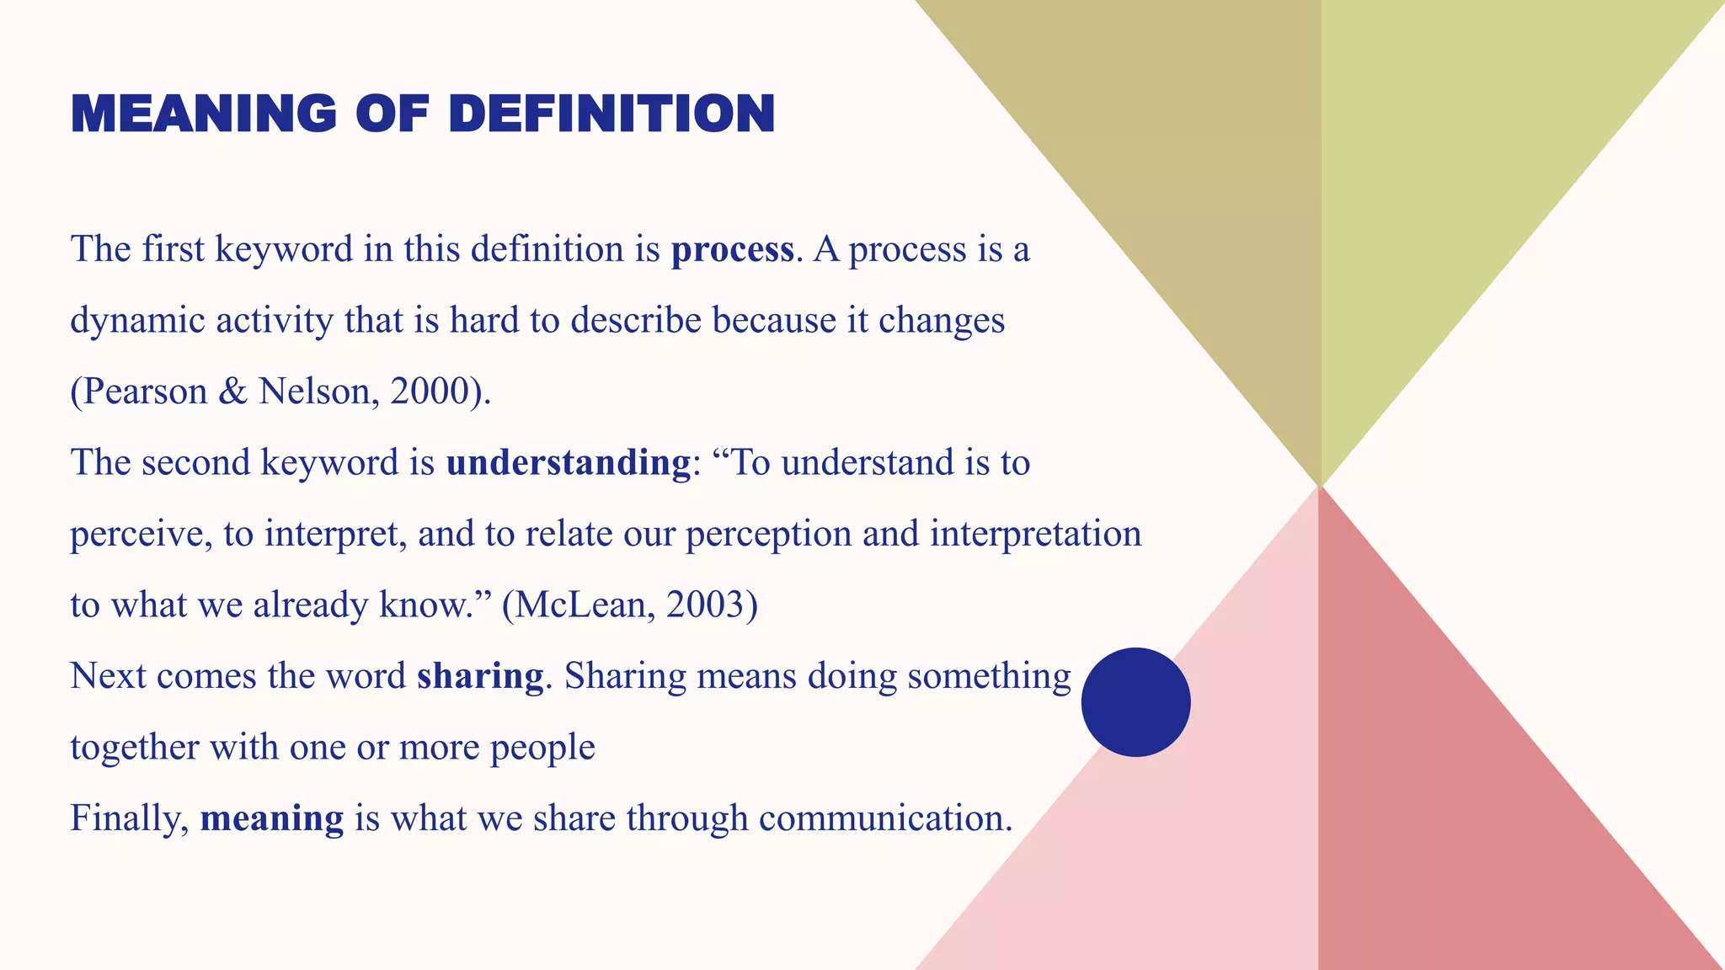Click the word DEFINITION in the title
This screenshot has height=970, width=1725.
[611, 115]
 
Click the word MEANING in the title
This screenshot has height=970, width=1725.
[204, 115]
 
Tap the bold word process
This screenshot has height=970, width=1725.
[732, 250]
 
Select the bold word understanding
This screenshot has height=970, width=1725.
[569, 463]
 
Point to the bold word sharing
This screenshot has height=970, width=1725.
[480, 676]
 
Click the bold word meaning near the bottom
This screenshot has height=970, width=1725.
[272, 818]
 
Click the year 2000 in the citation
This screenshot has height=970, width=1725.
[430, 392]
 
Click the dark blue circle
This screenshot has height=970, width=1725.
[1135, 702]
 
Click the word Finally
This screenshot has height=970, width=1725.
[129, 818]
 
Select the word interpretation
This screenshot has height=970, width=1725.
[1035, 534]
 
